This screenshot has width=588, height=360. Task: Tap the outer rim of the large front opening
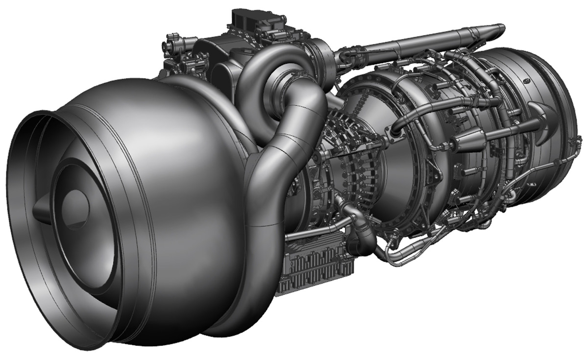(x=20, y=147)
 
